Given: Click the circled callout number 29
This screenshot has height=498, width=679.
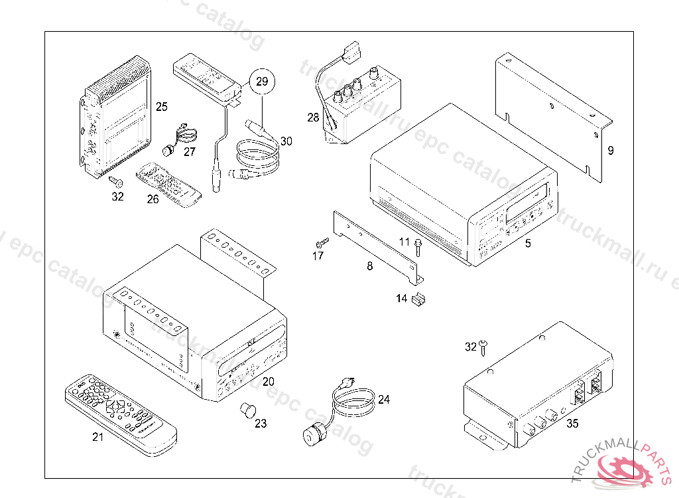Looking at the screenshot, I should tap(262, 82).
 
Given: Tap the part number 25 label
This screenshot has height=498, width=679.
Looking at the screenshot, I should tap(162, 106).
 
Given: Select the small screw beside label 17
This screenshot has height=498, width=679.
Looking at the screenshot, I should tap(323, 242).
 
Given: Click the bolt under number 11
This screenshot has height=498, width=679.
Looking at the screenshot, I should tap(418, 249).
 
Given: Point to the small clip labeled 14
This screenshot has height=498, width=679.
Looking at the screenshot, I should tap(418, 301).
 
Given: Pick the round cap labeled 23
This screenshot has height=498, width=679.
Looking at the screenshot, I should tap(248, 408).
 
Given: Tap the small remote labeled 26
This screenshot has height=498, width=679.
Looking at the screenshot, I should tap(168, 185).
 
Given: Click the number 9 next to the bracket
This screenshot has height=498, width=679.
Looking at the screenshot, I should tap(611, 151).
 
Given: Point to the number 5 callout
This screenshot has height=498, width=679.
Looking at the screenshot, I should tap(528, 244).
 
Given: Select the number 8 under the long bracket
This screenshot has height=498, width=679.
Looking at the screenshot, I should tap(369, 266).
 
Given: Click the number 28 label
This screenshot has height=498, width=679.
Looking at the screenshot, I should tap(313, 118).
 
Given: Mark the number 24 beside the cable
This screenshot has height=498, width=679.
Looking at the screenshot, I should tap(385, 400).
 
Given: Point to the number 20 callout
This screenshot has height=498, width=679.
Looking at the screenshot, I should tap(268, 382).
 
